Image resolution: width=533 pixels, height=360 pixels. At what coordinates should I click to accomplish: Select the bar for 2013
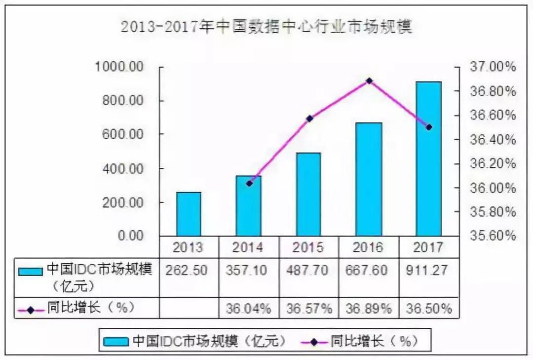(189, 214)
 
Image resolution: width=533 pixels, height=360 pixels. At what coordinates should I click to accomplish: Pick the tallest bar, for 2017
(428, 159)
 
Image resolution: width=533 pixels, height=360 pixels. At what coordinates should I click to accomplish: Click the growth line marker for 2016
(369, 80)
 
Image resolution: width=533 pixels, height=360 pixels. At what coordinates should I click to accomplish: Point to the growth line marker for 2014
(249, 183)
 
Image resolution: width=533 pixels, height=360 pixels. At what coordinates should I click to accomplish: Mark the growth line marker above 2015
(309, 119)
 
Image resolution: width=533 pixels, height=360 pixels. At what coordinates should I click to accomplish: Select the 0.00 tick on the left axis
(130, 236)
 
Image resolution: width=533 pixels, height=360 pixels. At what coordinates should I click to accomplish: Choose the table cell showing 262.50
(189, 271)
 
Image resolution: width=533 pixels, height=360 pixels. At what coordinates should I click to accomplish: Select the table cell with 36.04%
(249, 309)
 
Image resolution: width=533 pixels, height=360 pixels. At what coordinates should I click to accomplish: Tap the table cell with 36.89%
(369, 309)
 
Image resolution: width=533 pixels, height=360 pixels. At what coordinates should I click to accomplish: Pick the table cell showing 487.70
(308, 271)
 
